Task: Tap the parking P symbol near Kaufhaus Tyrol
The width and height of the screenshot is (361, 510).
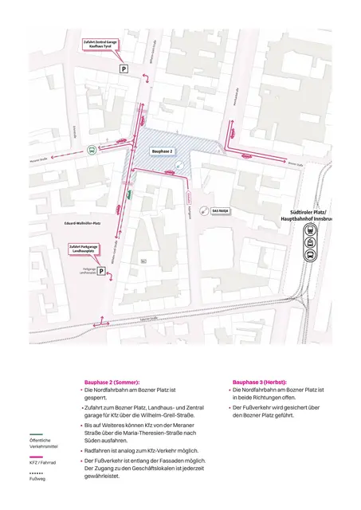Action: point(124,70)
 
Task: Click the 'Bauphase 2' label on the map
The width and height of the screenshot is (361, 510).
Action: point(163,150)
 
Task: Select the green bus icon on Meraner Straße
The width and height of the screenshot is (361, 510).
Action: point(92,149)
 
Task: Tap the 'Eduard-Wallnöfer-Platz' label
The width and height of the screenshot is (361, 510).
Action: point(82,224)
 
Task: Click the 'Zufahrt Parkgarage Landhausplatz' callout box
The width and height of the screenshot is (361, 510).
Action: point(87,249)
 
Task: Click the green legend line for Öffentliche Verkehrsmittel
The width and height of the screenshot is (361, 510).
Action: point(36,434)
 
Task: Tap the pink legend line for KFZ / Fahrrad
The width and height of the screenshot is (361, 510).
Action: point(36,457)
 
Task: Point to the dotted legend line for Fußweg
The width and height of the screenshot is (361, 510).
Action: point(36,473)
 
